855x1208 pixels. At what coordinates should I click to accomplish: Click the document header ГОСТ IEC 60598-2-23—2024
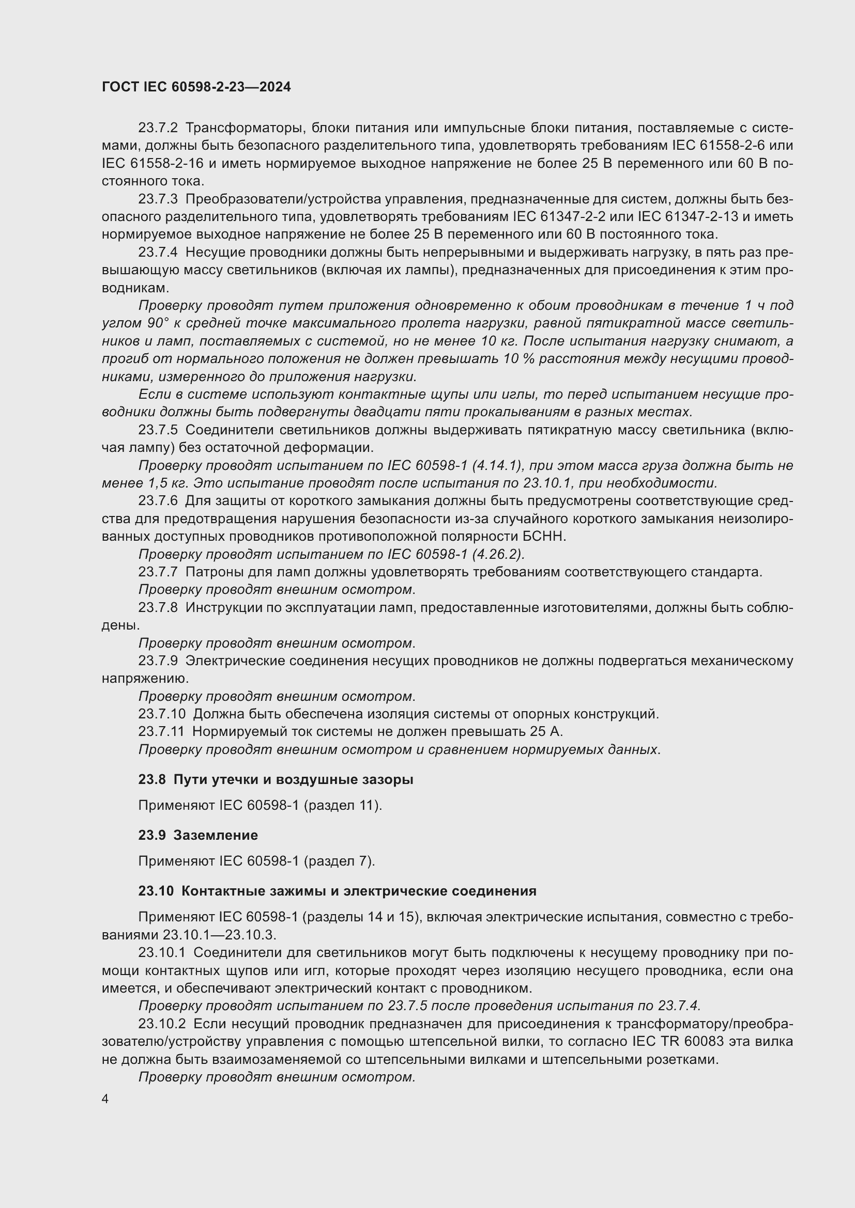click(x=196, y=87)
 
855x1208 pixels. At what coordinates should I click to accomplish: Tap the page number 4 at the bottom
click(x=105, y=1099)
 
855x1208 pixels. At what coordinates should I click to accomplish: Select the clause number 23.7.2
click(x=158, y=128)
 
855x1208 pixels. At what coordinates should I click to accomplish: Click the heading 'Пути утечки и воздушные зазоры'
click(x=293, y=779)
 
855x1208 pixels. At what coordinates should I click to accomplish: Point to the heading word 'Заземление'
click(x=216, y=835)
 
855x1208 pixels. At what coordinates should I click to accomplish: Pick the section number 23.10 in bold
click(x=156, y=891)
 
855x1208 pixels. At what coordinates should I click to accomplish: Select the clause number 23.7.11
click(x=162, y=731)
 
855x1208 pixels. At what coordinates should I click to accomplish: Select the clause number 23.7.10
click(x=162, y=714)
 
